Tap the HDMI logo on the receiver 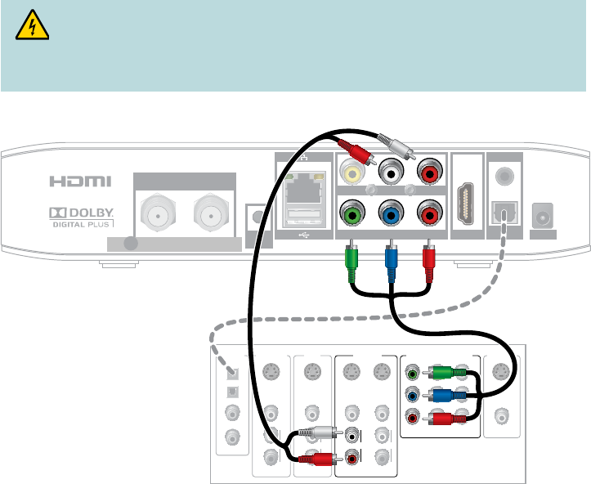(79, 181)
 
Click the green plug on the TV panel (445, 374)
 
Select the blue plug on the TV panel (445, 397)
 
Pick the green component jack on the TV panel (413, 375)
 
